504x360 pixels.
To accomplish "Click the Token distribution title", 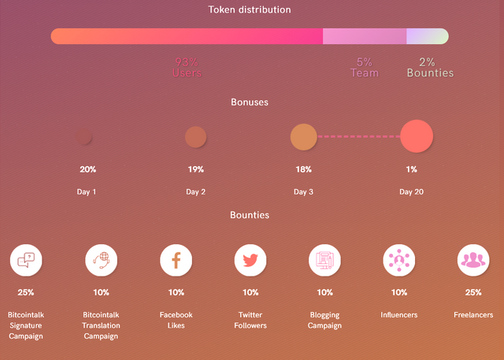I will pyautogui.click(x=250, y=10).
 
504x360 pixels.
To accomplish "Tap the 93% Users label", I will pyautogui.click(x=187, y=67).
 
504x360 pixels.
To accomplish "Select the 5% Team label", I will pyautogui.click(x=364, y=67).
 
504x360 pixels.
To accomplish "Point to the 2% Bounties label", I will pyautogui.click(x=430, y=67).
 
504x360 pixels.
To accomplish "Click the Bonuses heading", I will pyautogui.click(x=250, y=102).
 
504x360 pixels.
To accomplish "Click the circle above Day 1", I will pyautogui.click(x=83, y=137).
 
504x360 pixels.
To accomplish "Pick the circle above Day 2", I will pyautogui.click(x=195, y=137).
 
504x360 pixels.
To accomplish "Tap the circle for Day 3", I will pyautogui.click(x=303, y=136).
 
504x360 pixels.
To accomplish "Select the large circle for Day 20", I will pyautogui.click(x=417, y=135).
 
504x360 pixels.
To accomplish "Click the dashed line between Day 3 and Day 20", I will pyautogui.click(x=358, y=136).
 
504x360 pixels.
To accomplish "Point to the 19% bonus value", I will pyautogui.click(x=195, y=169).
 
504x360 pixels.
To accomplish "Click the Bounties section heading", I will pyautogui.click(x=250, y=214).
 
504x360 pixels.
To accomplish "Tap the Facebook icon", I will pyautogui.click(x=176, y=260).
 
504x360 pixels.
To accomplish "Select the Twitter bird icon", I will pyautogui.click(x=250, y=260).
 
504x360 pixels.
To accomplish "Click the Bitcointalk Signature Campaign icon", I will pyautogui.click(x=26, y=260).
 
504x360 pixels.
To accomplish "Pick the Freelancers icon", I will pyautogui.click(x=473, y=260).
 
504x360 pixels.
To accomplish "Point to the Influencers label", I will pyautogui.click(x=399, y=315).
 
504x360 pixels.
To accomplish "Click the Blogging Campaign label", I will pyautogui.click(x=324, y=320).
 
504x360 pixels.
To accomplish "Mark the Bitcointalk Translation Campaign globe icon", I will pyautogui.click(x=101, y=260).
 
